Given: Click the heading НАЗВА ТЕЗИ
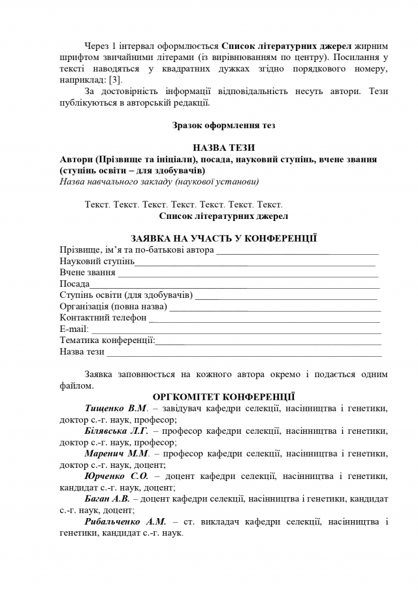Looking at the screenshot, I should click(x=224, y=148).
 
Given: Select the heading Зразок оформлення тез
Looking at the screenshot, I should click(x=224, y=125).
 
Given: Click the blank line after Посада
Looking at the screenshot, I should click(x=235, y=285).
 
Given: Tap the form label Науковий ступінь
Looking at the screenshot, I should click(x=97, y=261).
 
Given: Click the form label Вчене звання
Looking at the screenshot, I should click(x=88, y=272).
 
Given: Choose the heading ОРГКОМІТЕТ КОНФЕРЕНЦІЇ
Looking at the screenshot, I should click(x=224, y=397).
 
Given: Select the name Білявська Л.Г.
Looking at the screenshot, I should click(x=116, y=431).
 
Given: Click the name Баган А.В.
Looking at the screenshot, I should click(x=106, y=499).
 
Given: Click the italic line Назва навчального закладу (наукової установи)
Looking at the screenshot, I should click(x=159, y=182).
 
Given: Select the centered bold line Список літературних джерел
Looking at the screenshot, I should click(x=224, y=216).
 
